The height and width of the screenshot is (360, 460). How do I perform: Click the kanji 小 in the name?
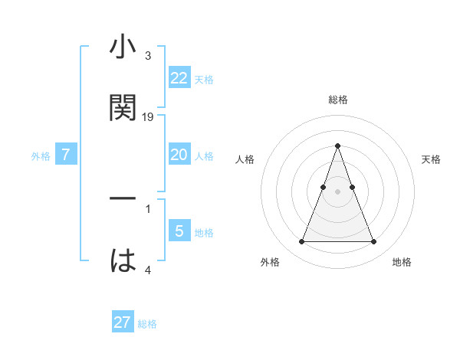[x=123, y=47]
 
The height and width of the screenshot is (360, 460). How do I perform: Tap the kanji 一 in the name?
[x=123, y=198]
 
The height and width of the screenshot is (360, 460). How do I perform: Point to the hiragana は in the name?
[x=123, y=260]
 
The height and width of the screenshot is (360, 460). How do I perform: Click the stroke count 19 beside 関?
[x=148, y=116]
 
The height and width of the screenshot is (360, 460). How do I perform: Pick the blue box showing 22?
[x=179, y=77]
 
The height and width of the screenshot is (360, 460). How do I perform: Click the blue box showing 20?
[x=179, y=155]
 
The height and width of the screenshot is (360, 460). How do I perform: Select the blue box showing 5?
[x=179, y=231]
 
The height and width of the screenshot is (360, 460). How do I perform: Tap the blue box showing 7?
[x=66, y=155]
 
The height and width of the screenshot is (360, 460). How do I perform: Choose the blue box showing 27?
[x=123, y=322]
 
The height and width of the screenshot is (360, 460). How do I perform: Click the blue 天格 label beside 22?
[x=204, y=79]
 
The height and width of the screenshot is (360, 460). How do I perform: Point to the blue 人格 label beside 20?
[x=204, y=156]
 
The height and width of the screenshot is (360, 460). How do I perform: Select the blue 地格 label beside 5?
[x=204, y=233]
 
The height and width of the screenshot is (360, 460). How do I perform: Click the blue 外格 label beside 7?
[x=41, y=156]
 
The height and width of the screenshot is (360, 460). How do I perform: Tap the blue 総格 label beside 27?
[x=147, y=324]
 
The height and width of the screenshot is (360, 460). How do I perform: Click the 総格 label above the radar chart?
[x=337, y=100]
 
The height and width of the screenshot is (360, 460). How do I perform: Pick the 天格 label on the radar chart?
[x=431, y=159]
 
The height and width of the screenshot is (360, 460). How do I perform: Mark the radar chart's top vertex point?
[x=337, y=145]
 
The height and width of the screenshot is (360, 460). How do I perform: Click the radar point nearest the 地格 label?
[x=373, y=242]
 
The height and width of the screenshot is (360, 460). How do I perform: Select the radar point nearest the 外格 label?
[x=301, y=242]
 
